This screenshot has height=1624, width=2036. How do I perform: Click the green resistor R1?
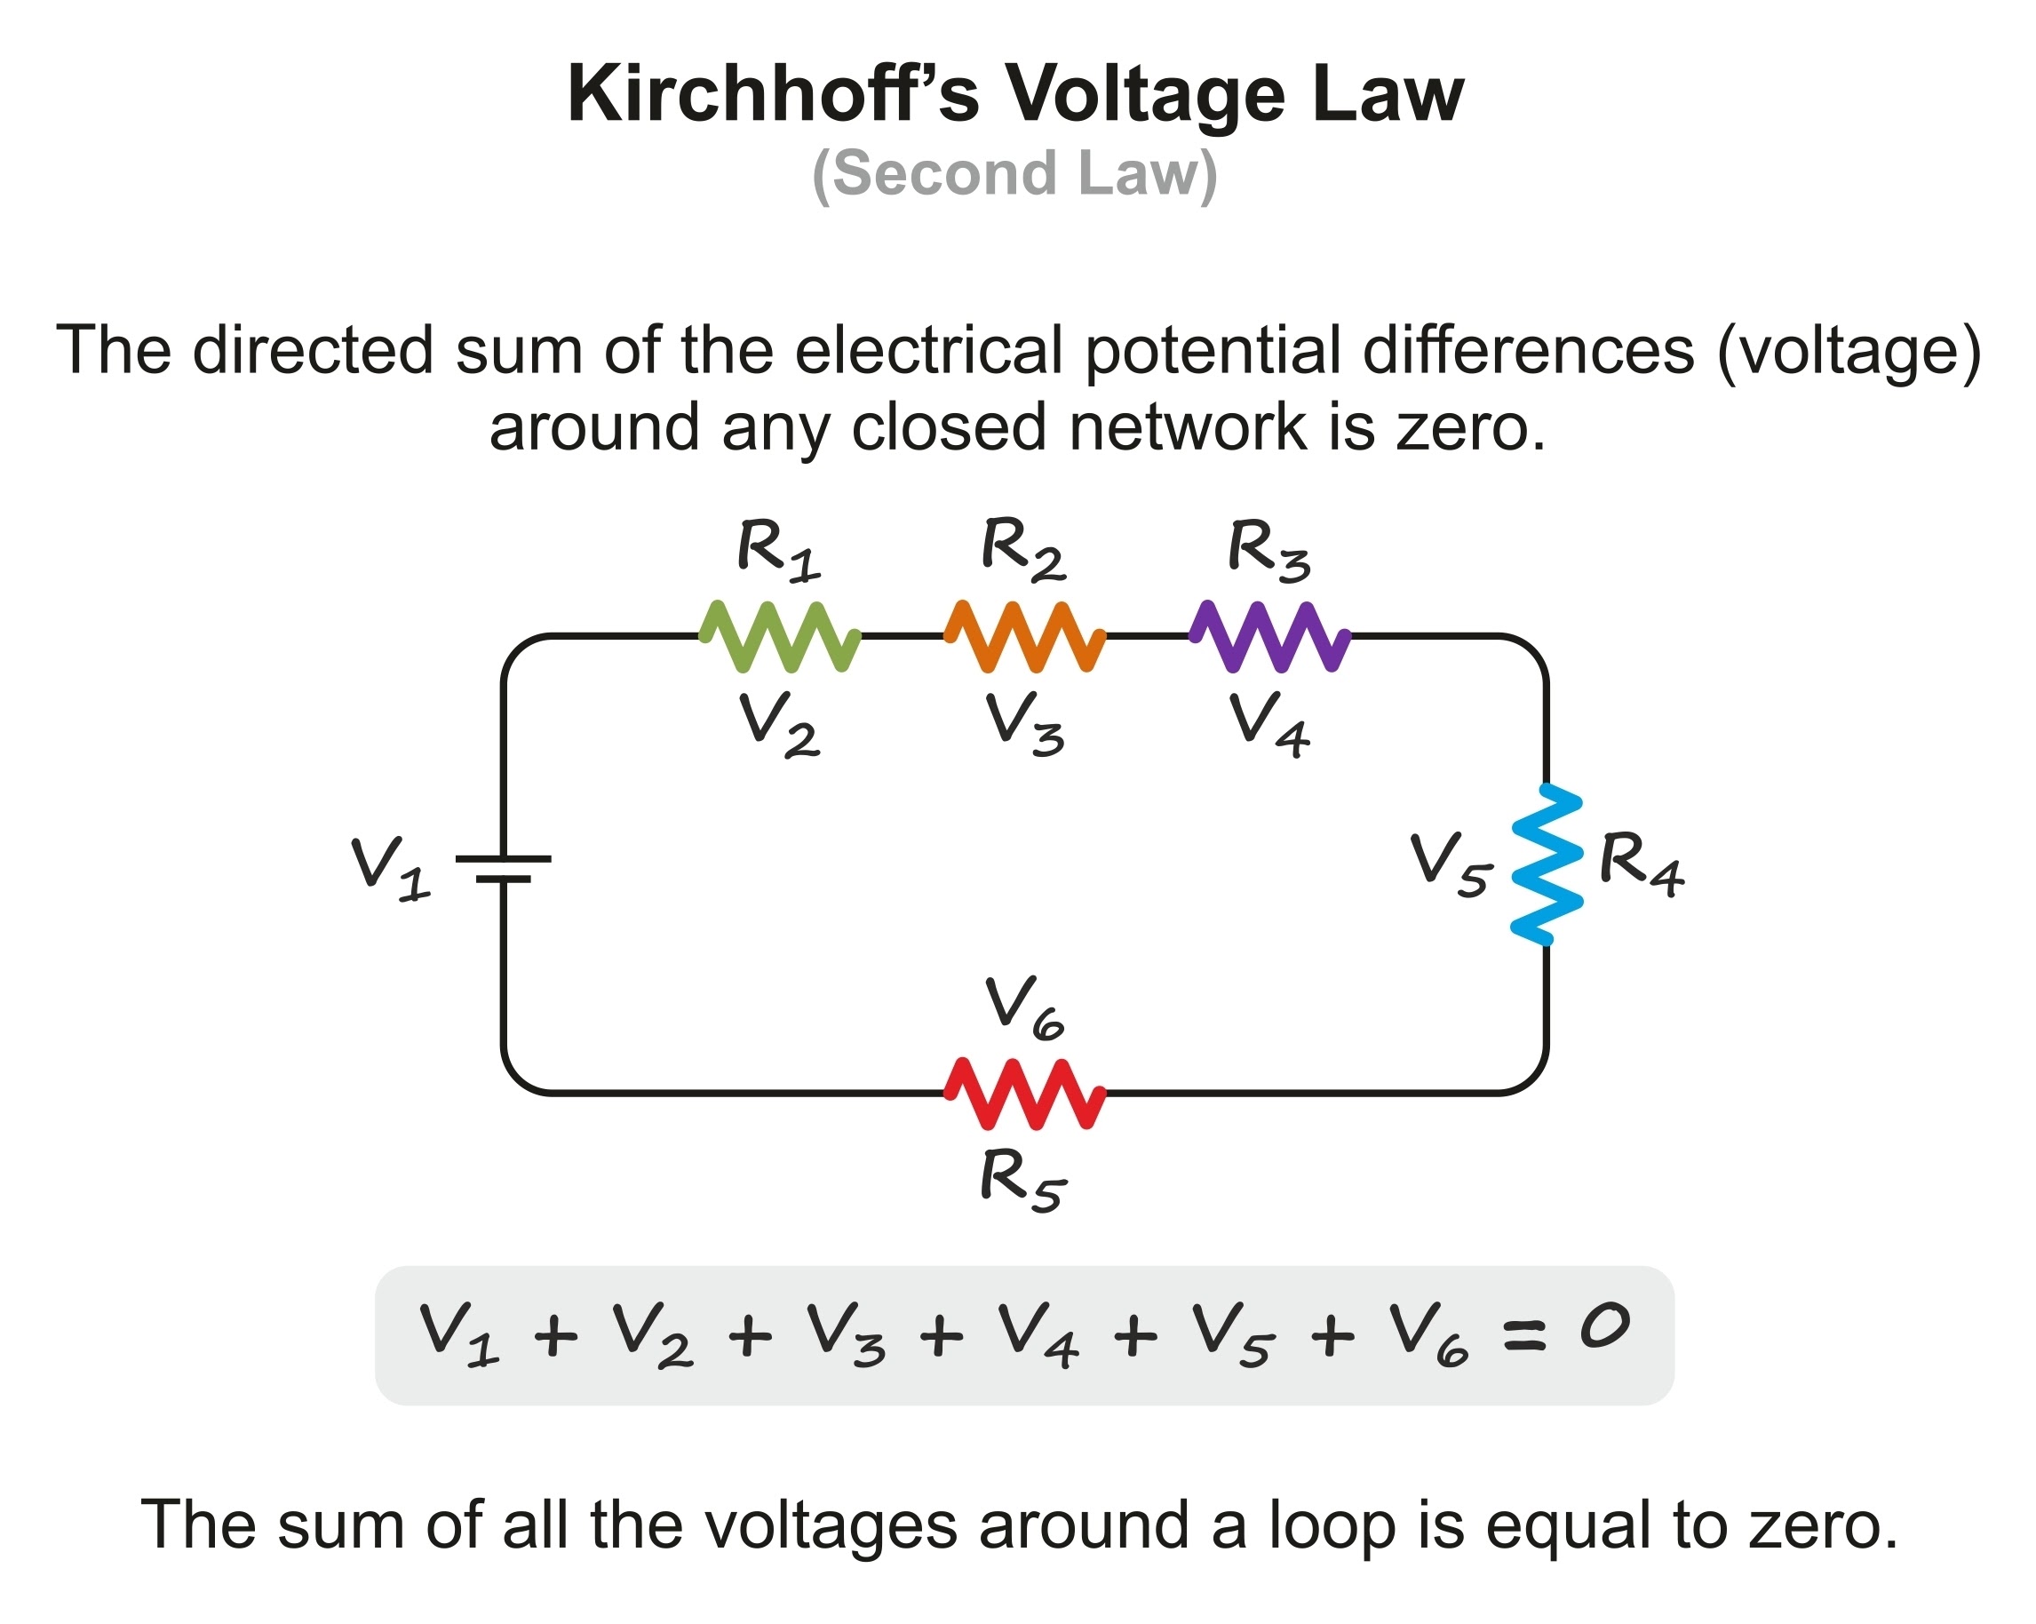coord(779,636)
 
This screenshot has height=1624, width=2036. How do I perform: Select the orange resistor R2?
coord(1024,636)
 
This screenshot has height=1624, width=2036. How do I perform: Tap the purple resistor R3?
coord(1269,636)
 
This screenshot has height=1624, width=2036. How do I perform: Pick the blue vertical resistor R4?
coord(1546,864)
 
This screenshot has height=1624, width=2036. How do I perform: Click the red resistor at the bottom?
coord(1024,1094)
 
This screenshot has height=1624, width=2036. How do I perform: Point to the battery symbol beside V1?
coord(503,869)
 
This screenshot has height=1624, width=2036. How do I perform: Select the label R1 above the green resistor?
coord(777,550)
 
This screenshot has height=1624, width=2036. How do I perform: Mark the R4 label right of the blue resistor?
coord(1641,863)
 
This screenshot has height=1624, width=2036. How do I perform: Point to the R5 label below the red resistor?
coord(1022,1180)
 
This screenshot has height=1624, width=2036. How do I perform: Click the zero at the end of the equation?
coord(1604,1325)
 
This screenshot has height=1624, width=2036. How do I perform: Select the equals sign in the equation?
coord(1524,1335)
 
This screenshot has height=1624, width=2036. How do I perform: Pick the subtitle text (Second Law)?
coord(1015,174)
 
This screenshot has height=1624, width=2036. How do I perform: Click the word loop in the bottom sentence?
coord(1332,1524)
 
